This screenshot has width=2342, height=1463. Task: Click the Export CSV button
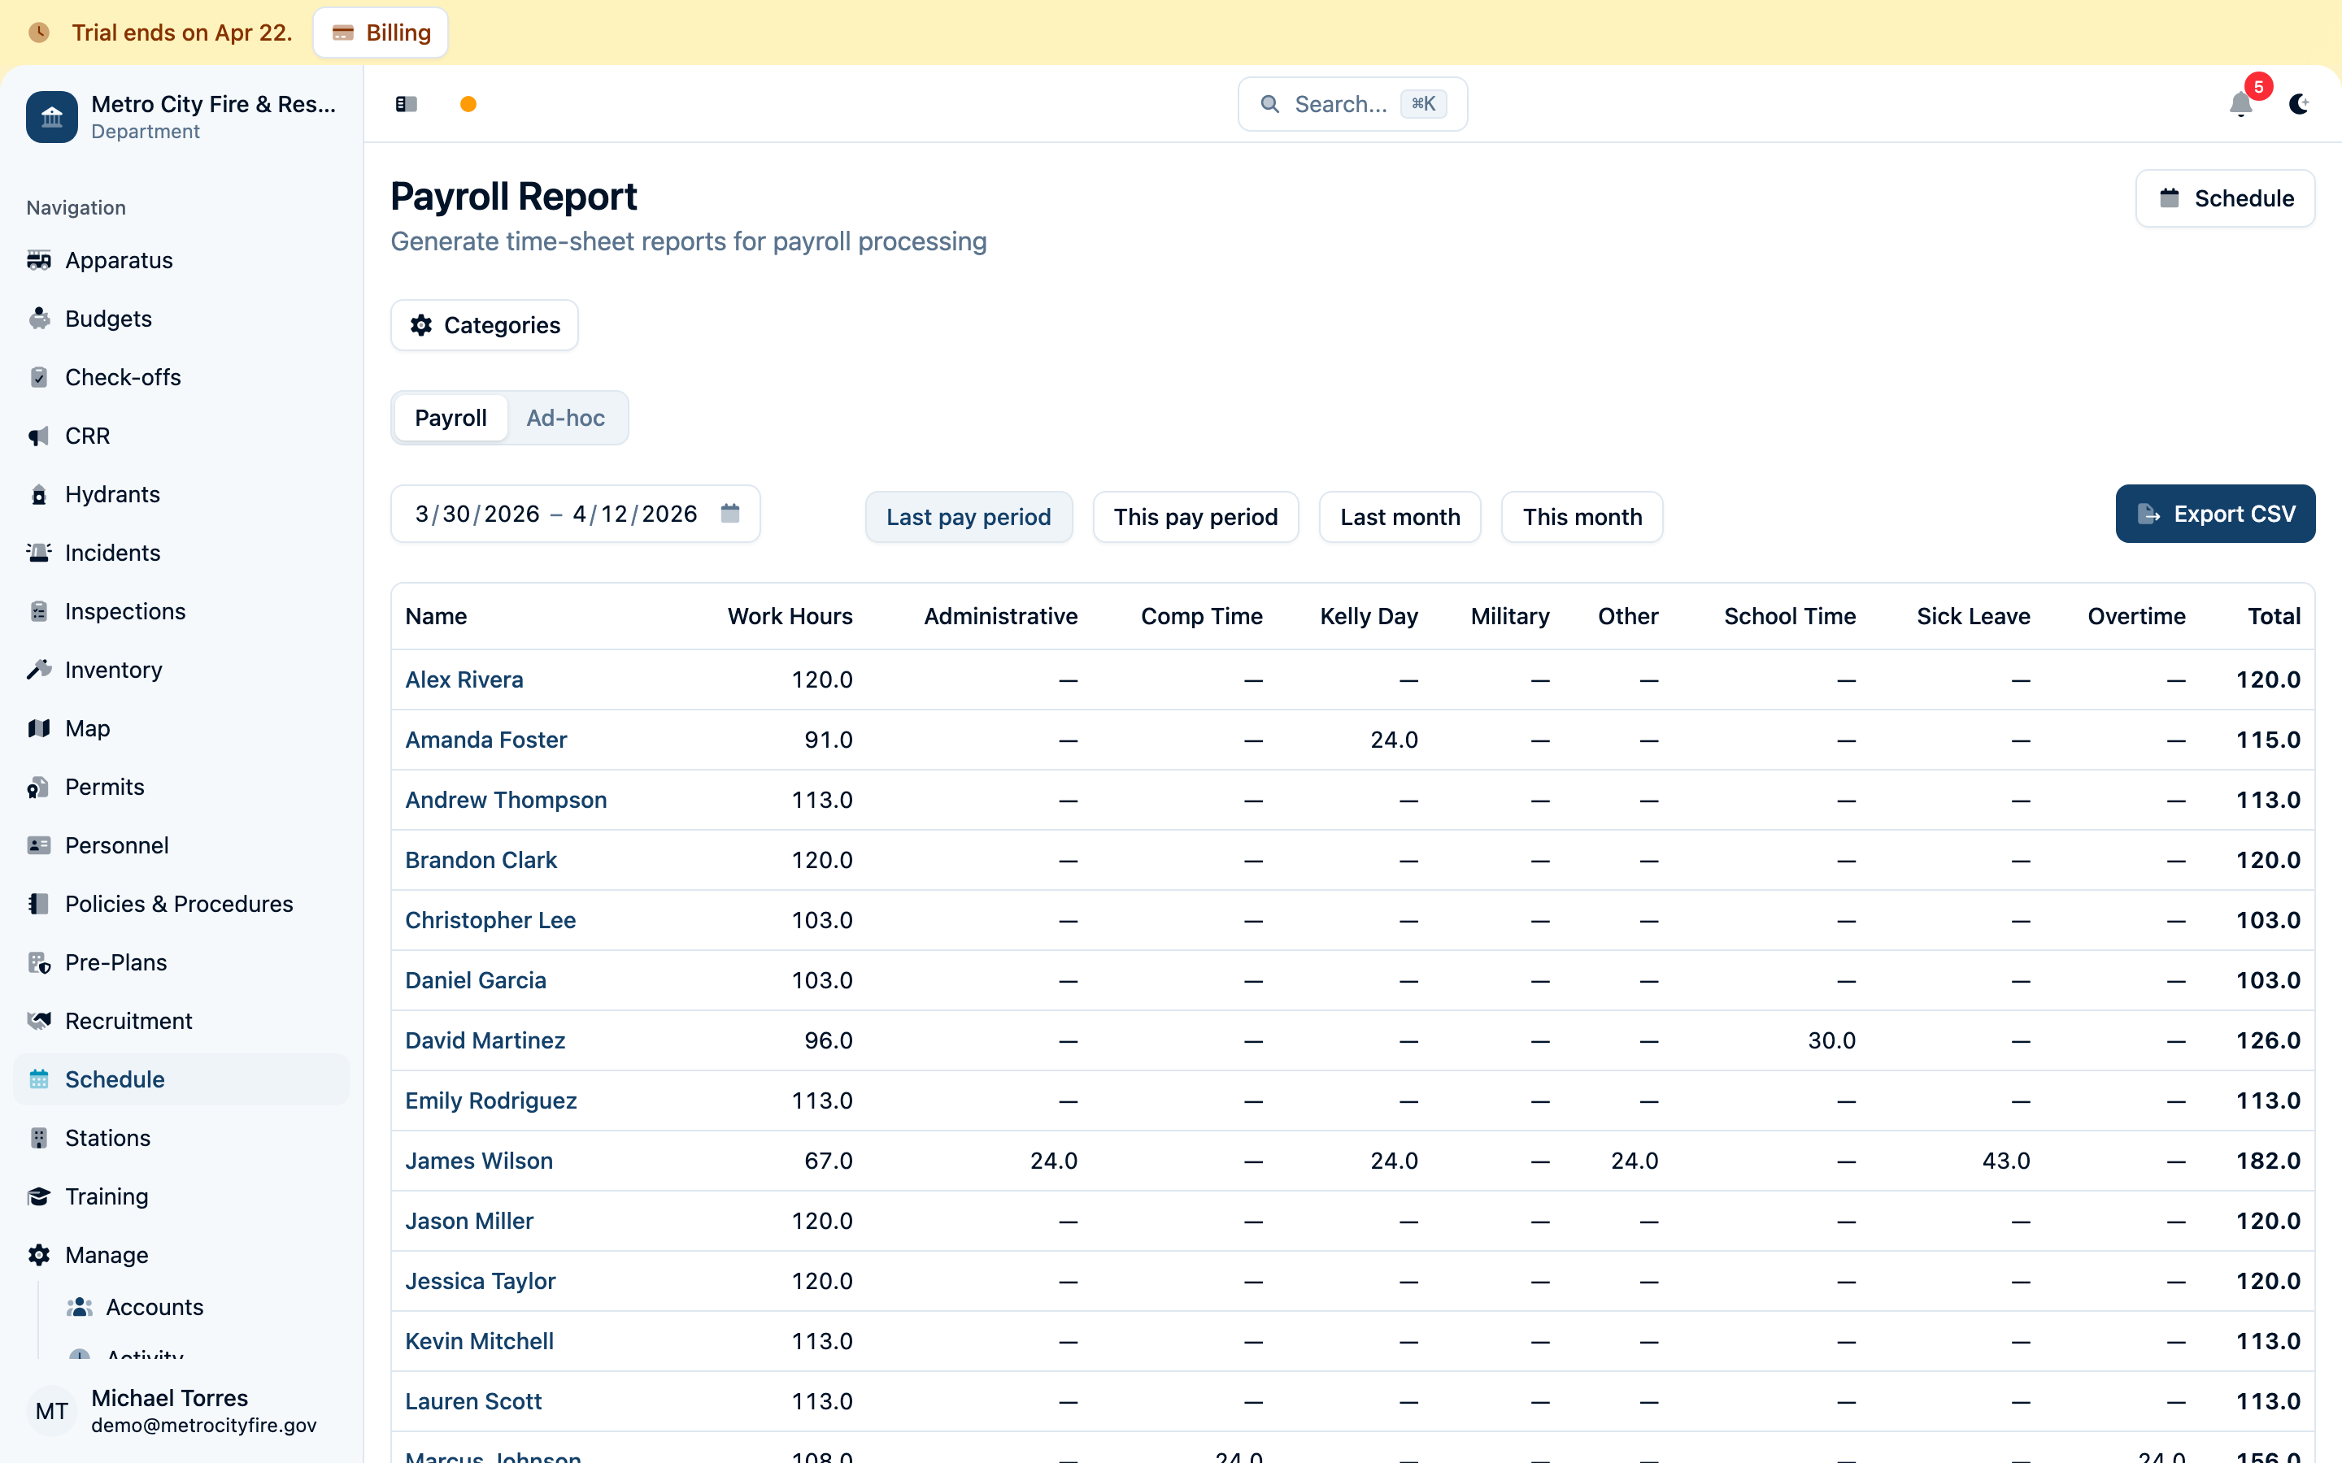(2214, 514)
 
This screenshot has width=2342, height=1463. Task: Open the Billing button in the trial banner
(381, 33)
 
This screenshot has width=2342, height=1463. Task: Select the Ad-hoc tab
(565, 418)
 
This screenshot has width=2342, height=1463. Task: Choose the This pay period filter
(1195, 517)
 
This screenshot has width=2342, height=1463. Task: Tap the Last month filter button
(1400, 517)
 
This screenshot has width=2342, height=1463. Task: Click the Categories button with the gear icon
(485, 325)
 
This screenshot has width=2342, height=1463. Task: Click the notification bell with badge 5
(2240, 103)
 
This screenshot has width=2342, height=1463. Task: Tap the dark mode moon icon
(2300, 103)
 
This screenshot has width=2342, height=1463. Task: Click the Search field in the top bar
(1352, 103)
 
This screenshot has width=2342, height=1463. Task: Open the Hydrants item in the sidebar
(112, 494)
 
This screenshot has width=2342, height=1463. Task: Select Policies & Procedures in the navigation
(179, 904)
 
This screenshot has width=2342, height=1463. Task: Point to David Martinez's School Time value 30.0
(1831, 1040)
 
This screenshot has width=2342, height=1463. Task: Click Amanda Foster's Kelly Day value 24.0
(1394, 740)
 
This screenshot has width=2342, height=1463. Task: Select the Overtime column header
(2136, 616)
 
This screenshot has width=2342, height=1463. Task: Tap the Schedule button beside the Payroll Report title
(2225, 198)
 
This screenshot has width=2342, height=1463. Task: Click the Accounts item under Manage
(155, 1307)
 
